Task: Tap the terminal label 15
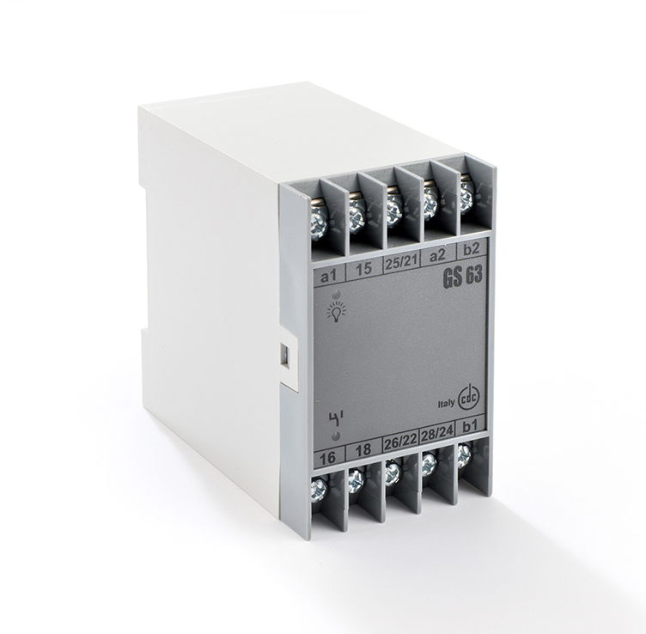click(364, 269)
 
